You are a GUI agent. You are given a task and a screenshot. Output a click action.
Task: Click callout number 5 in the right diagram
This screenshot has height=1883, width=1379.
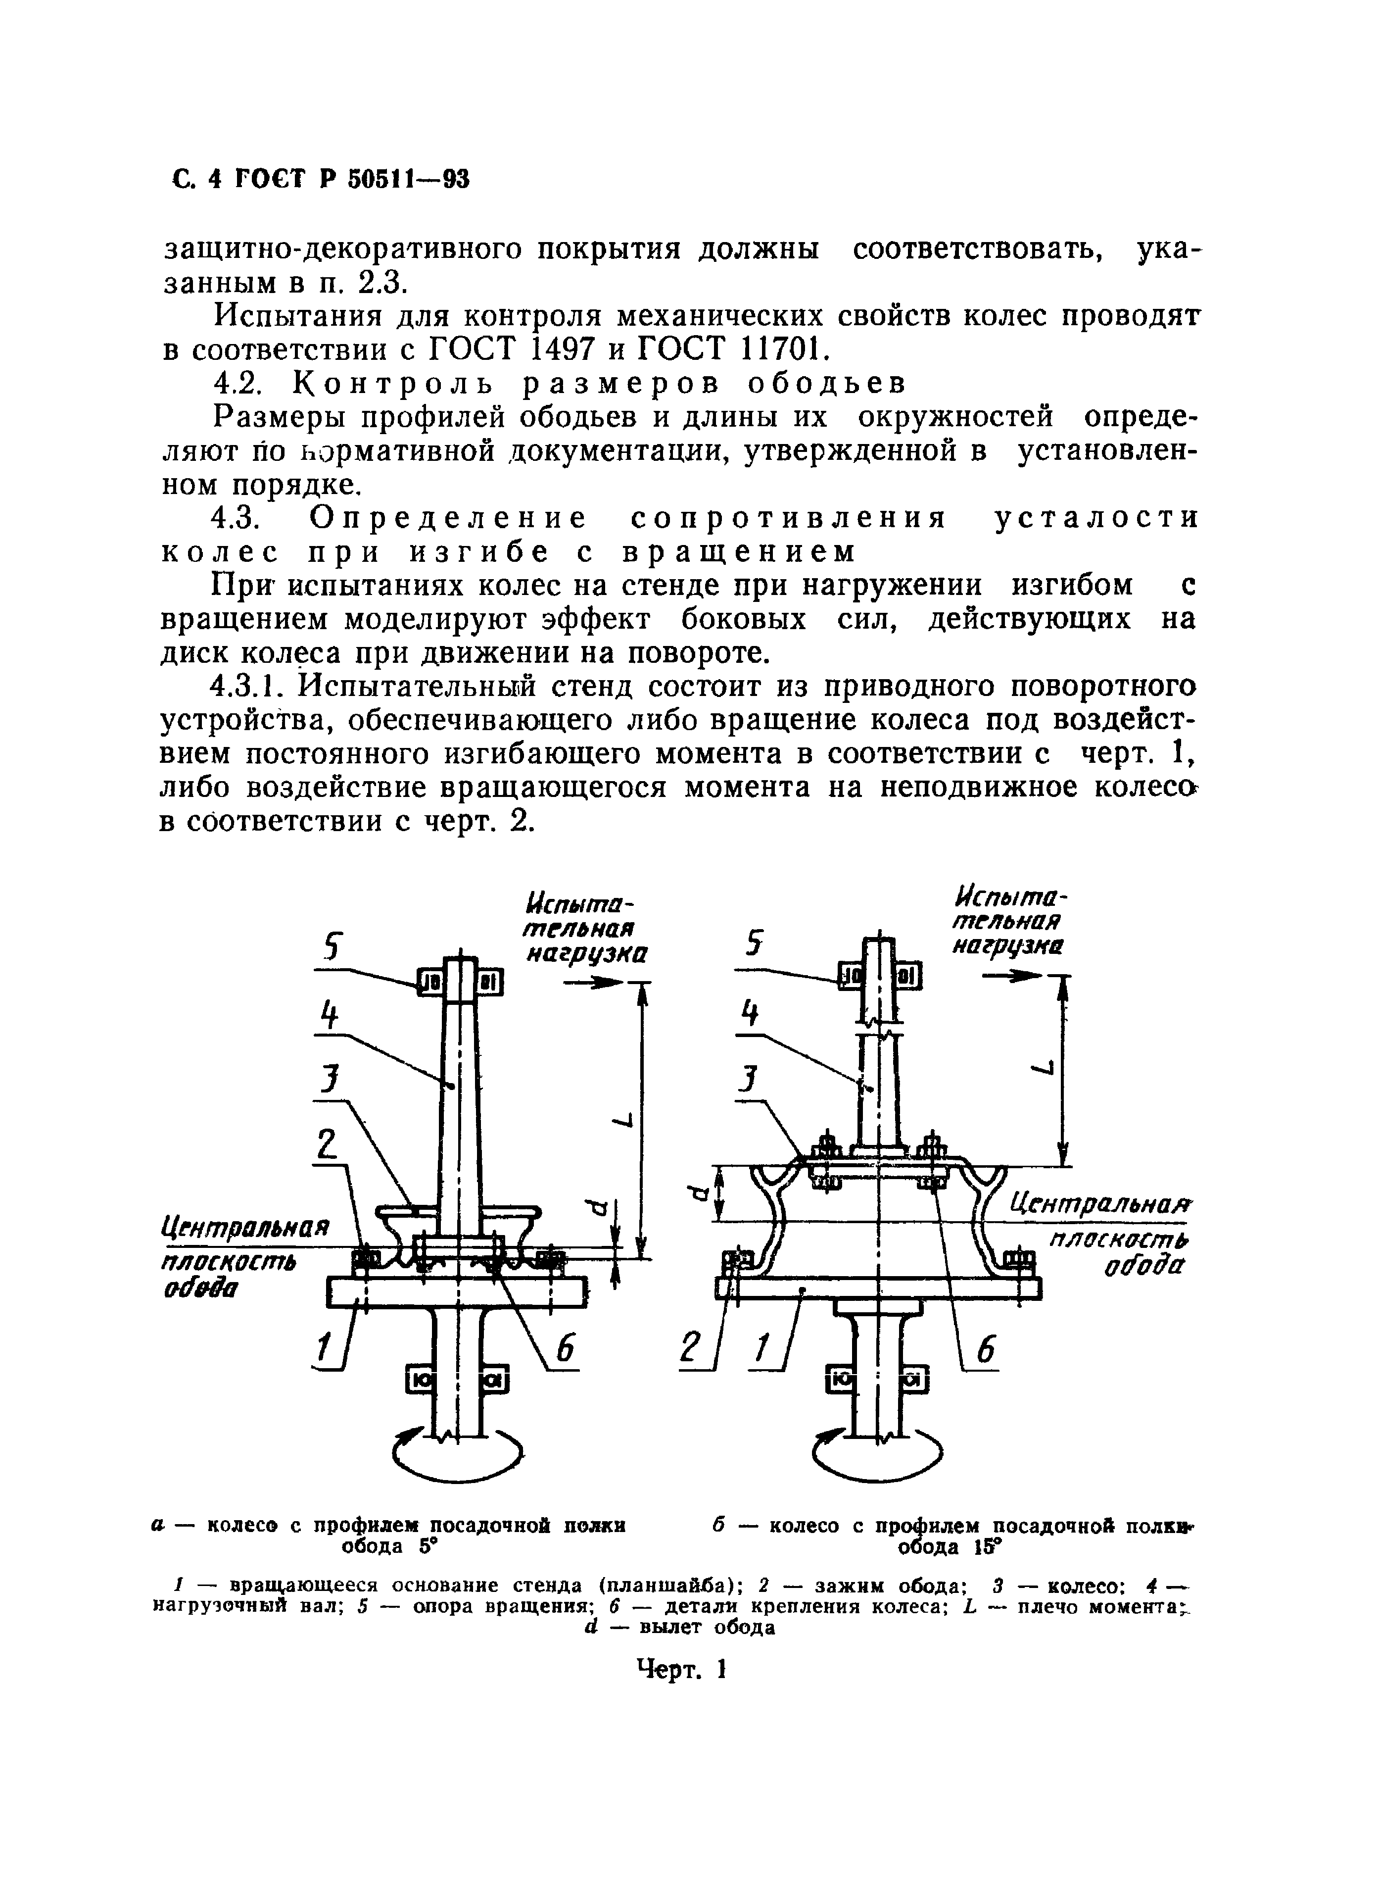pyautogui.click(x=756, y=943)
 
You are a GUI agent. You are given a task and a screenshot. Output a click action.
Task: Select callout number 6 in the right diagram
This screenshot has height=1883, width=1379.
pyautogui.click(x=986, y=1350)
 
